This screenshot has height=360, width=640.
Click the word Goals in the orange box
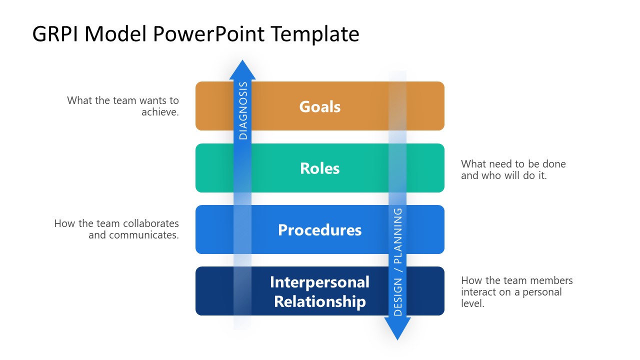[x=320, y=106]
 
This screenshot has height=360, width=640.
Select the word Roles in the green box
[x=320, y=168]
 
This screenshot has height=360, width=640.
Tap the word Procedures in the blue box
[x=320, y=230]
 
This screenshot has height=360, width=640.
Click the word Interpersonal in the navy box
[x=320, y=282]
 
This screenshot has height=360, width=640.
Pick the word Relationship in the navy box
[x=320, y=302]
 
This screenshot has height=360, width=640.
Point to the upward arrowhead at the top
[x=242, y=70]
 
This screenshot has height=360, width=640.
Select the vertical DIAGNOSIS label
[x=243, y=110]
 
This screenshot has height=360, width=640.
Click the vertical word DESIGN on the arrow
[x=398, y=297]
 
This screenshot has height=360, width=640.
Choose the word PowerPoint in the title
[x=209, y=34]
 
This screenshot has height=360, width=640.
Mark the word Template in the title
[x=315, y=34]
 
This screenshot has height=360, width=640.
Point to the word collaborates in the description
[x=151, y=223]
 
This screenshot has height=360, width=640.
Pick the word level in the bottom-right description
[x=472, y=303]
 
